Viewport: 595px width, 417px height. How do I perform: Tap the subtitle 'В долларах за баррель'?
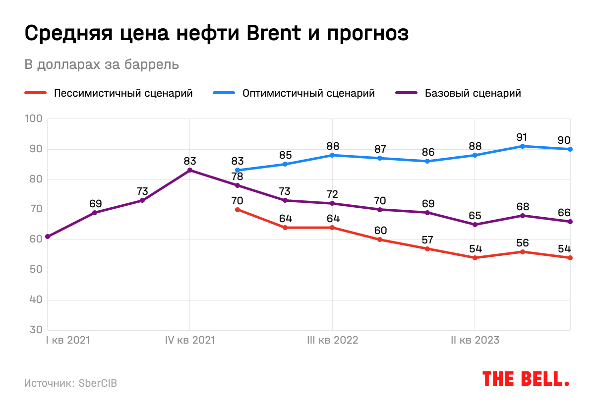click(x=102, y=65)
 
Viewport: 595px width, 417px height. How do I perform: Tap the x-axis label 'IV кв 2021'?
click(x=190, y=341)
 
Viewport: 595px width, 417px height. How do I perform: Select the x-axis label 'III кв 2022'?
click(x=332, y=341)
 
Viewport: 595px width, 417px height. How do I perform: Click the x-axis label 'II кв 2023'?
click(x=475, y=341)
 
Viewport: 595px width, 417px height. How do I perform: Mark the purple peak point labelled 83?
click(x=190, y=170)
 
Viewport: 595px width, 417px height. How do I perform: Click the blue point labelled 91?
click(x=523, y=146)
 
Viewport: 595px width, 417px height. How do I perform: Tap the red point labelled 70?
click(x=238, y=210)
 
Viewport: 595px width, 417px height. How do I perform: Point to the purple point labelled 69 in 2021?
click(x=95, y=213)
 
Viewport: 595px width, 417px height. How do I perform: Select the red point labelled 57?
click(x=427, y=249)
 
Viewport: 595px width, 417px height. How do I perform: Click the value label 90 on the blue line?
click(x=564, y=140)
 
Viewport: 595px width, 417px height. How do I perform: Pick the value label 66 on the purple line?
click(x=564, y=213)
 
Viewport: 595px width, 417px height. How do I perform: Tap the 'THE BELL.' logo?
click(x=526, y=378)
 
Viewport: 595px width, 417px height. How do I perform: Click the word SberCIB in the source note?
click(x=98, y=383)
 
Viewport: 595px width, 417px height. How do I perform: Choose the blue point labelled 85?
click(x=285, y=164)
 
